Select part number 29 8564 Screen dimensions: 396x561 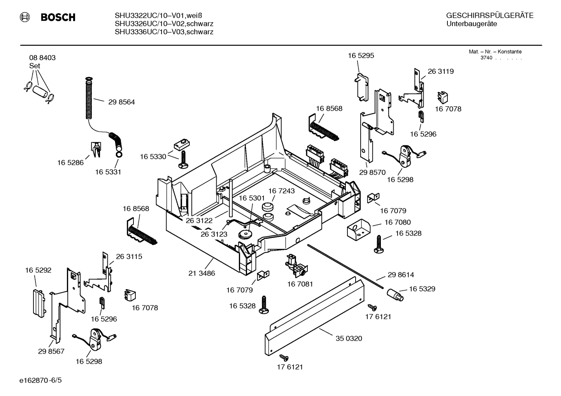[x=121, y=102]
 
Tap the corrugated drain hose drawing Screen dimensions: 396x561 [x=89, y=99]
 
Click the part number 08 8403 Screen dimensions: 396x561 [x=42, y=58]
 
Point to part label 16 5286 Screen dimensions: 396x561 [x=70, y=163]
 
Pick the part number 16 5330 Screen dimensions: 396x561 [x=153, y=157]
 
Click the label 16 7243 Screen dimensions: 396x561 [x=281, y=191]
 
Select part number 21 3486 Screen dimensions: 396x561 [x=202, y=273]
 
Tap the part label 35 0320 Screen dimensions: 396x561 [x=349, y=338]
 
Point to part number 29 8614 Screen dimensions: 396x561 [x=401, y=275]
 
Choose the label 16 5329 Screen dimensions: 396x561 [x=422, y=289]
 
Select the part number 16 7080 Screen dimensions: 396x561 [x=397, y=222]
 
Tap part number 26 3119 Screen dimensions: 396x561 [x=440, y=72]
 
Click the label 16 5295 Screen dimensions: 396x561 [x=361, y=56]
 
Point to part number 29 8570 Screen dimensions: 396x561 [x=372, y=173]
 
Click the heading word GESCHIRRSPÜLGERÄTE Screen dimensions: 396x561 [x=489, y=16]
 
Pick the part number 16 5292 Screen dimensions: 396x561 [x=38, y=270]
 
